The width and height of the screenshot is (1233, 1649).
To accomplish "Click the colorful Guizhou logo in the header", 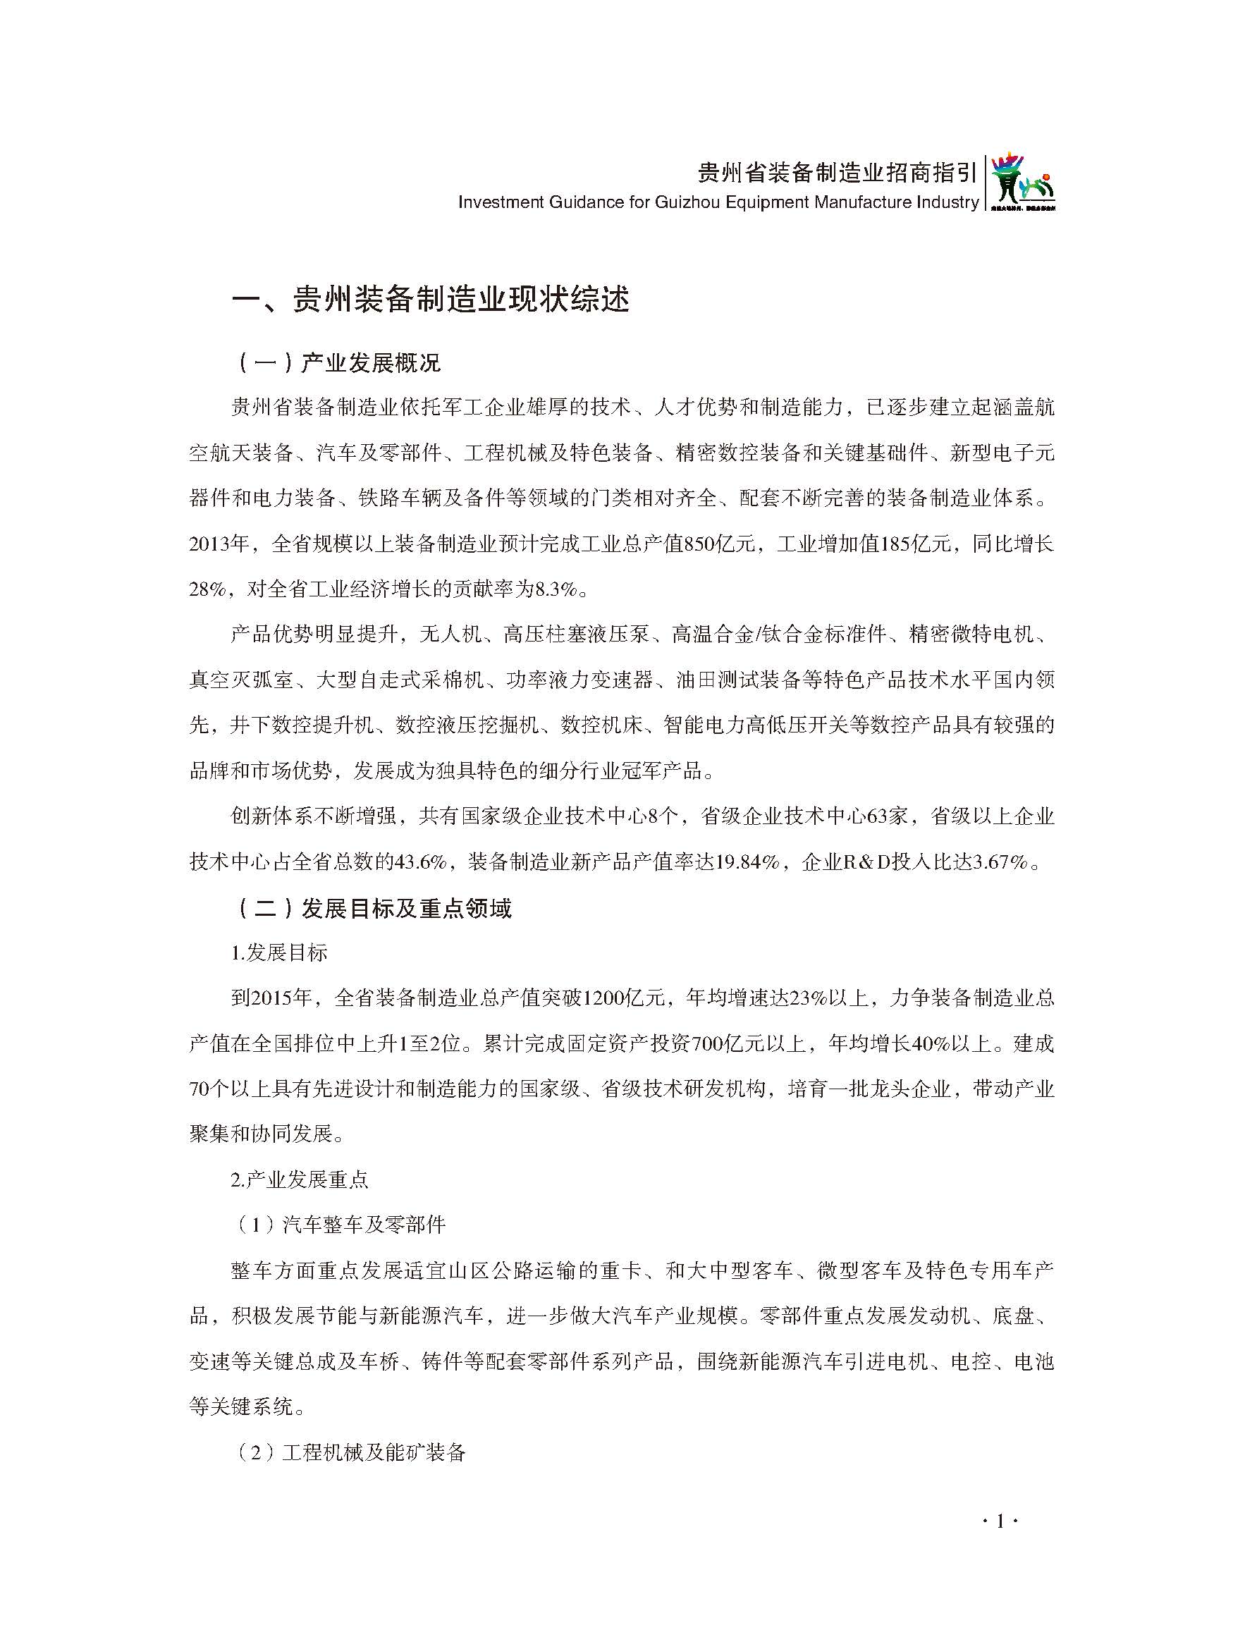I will click(1022, 183).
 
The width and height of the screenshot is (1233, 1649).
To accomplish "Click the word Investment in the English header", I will click(498, 202).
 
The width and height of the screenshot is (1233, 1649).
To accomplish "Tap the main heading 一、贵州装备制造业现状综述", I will click(431, 299).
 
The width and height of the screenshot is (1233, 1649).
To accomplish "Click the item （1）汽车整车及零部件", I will click(338, 1225).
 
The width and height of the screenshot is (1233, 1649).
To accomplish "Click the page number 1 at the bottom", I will click(1000, 1521).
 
